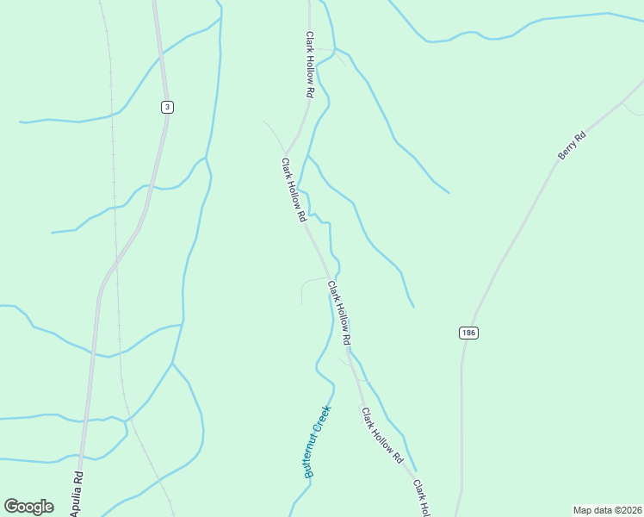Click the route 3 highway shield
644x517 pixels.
167,107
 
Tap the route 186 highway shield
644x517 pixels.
468,333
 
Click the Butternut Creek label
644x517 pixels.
317,442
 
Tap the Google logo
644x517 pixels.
28,507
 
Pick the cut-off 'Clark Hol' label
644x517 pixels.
419,498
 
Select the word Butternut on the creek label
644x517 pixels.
312,457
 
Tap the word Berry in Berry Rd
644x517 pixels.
568,148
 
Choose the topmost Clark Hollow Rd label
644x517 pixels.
310,64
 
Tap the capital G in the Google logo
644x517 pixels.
12,507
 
